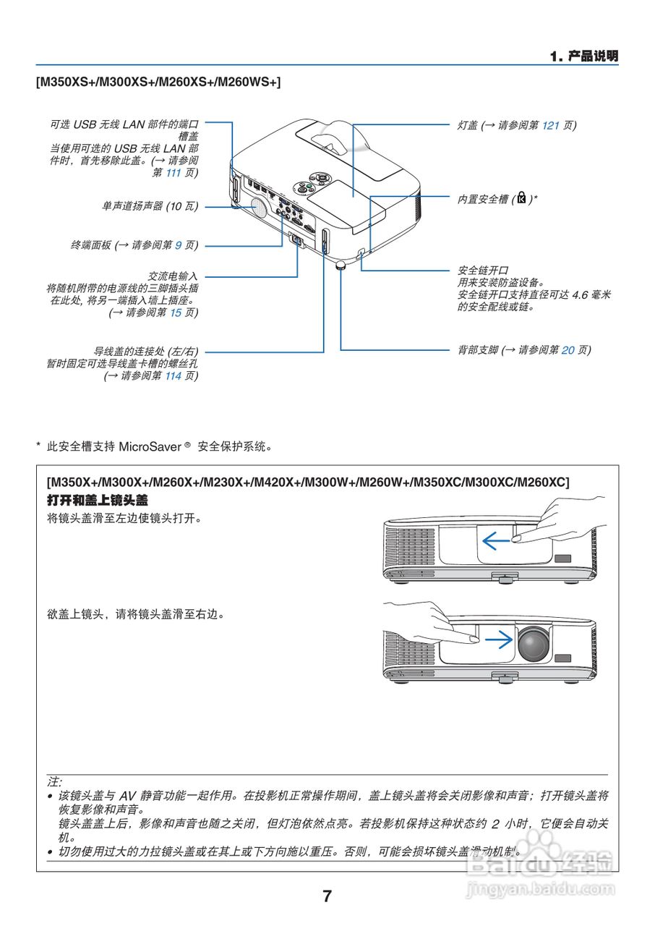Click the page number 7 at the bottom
tap(327, 896)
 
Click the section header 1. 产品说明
tap(583, 56)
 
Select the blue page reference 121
tap(551, 125)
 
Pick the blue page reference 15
tap(175, 313)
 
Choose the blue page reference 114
tap(173, 375)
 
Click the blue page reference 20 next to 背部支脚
tap(568, 349)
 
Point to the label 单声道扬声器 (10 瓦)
tap(150, 206)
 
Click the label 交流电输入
tap(173, 276)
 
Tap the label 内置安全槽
tap(484, 199)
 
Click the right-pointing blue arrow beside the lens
tap(498, 640)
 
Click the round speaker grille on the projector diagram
tap(257, 207)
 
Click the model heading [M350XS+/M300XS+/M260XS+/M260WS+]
tap(158, 82)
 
